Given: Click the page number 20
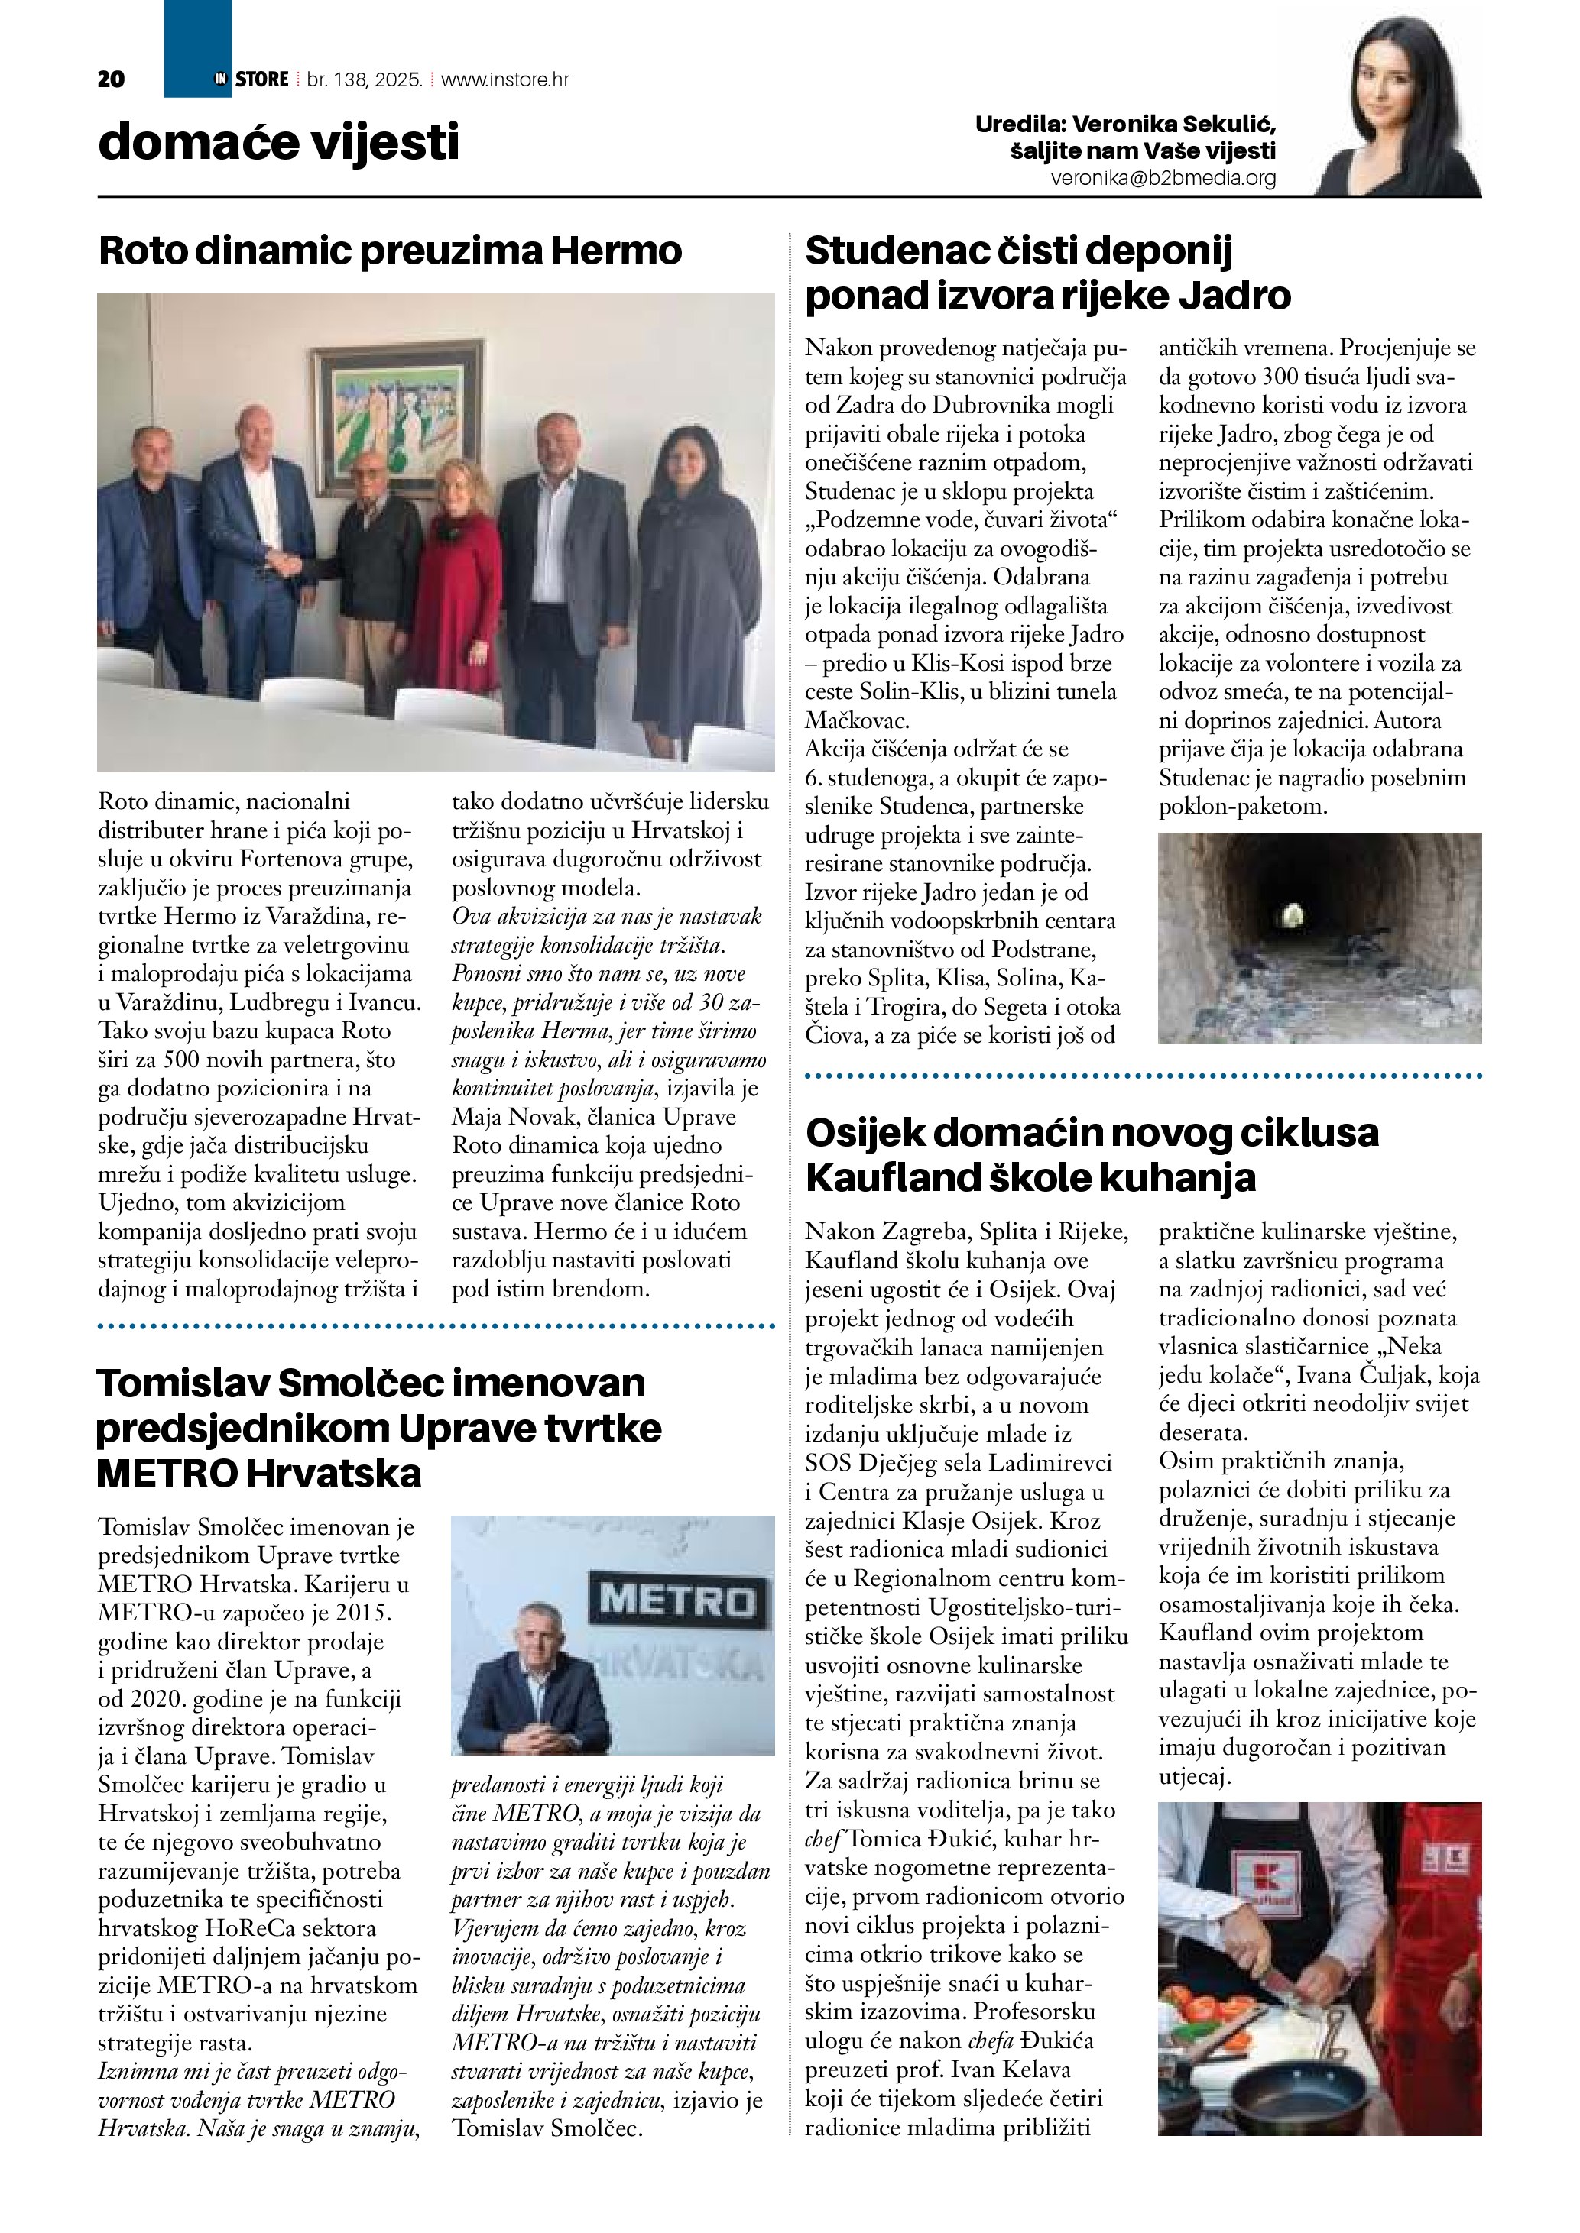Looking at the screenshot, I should tap(111, 79).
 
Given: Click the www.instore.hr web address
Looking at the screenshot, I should tap(505, 79).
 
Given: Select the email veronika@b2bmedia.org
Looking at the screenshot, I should tap(1163, 179).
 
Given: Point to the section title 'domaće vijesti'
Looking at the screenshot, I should tap(278, 143).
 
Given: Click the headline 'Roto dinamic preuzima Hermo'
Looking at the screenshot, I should tap(390, 251).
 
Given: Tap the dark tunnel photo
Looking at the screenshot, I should tap(1319, 937).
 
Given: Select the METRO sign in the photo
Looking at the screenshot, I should tap(676, 1600).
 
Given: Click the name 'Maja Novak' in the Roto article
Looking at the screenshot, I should tap(504, 1118).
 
